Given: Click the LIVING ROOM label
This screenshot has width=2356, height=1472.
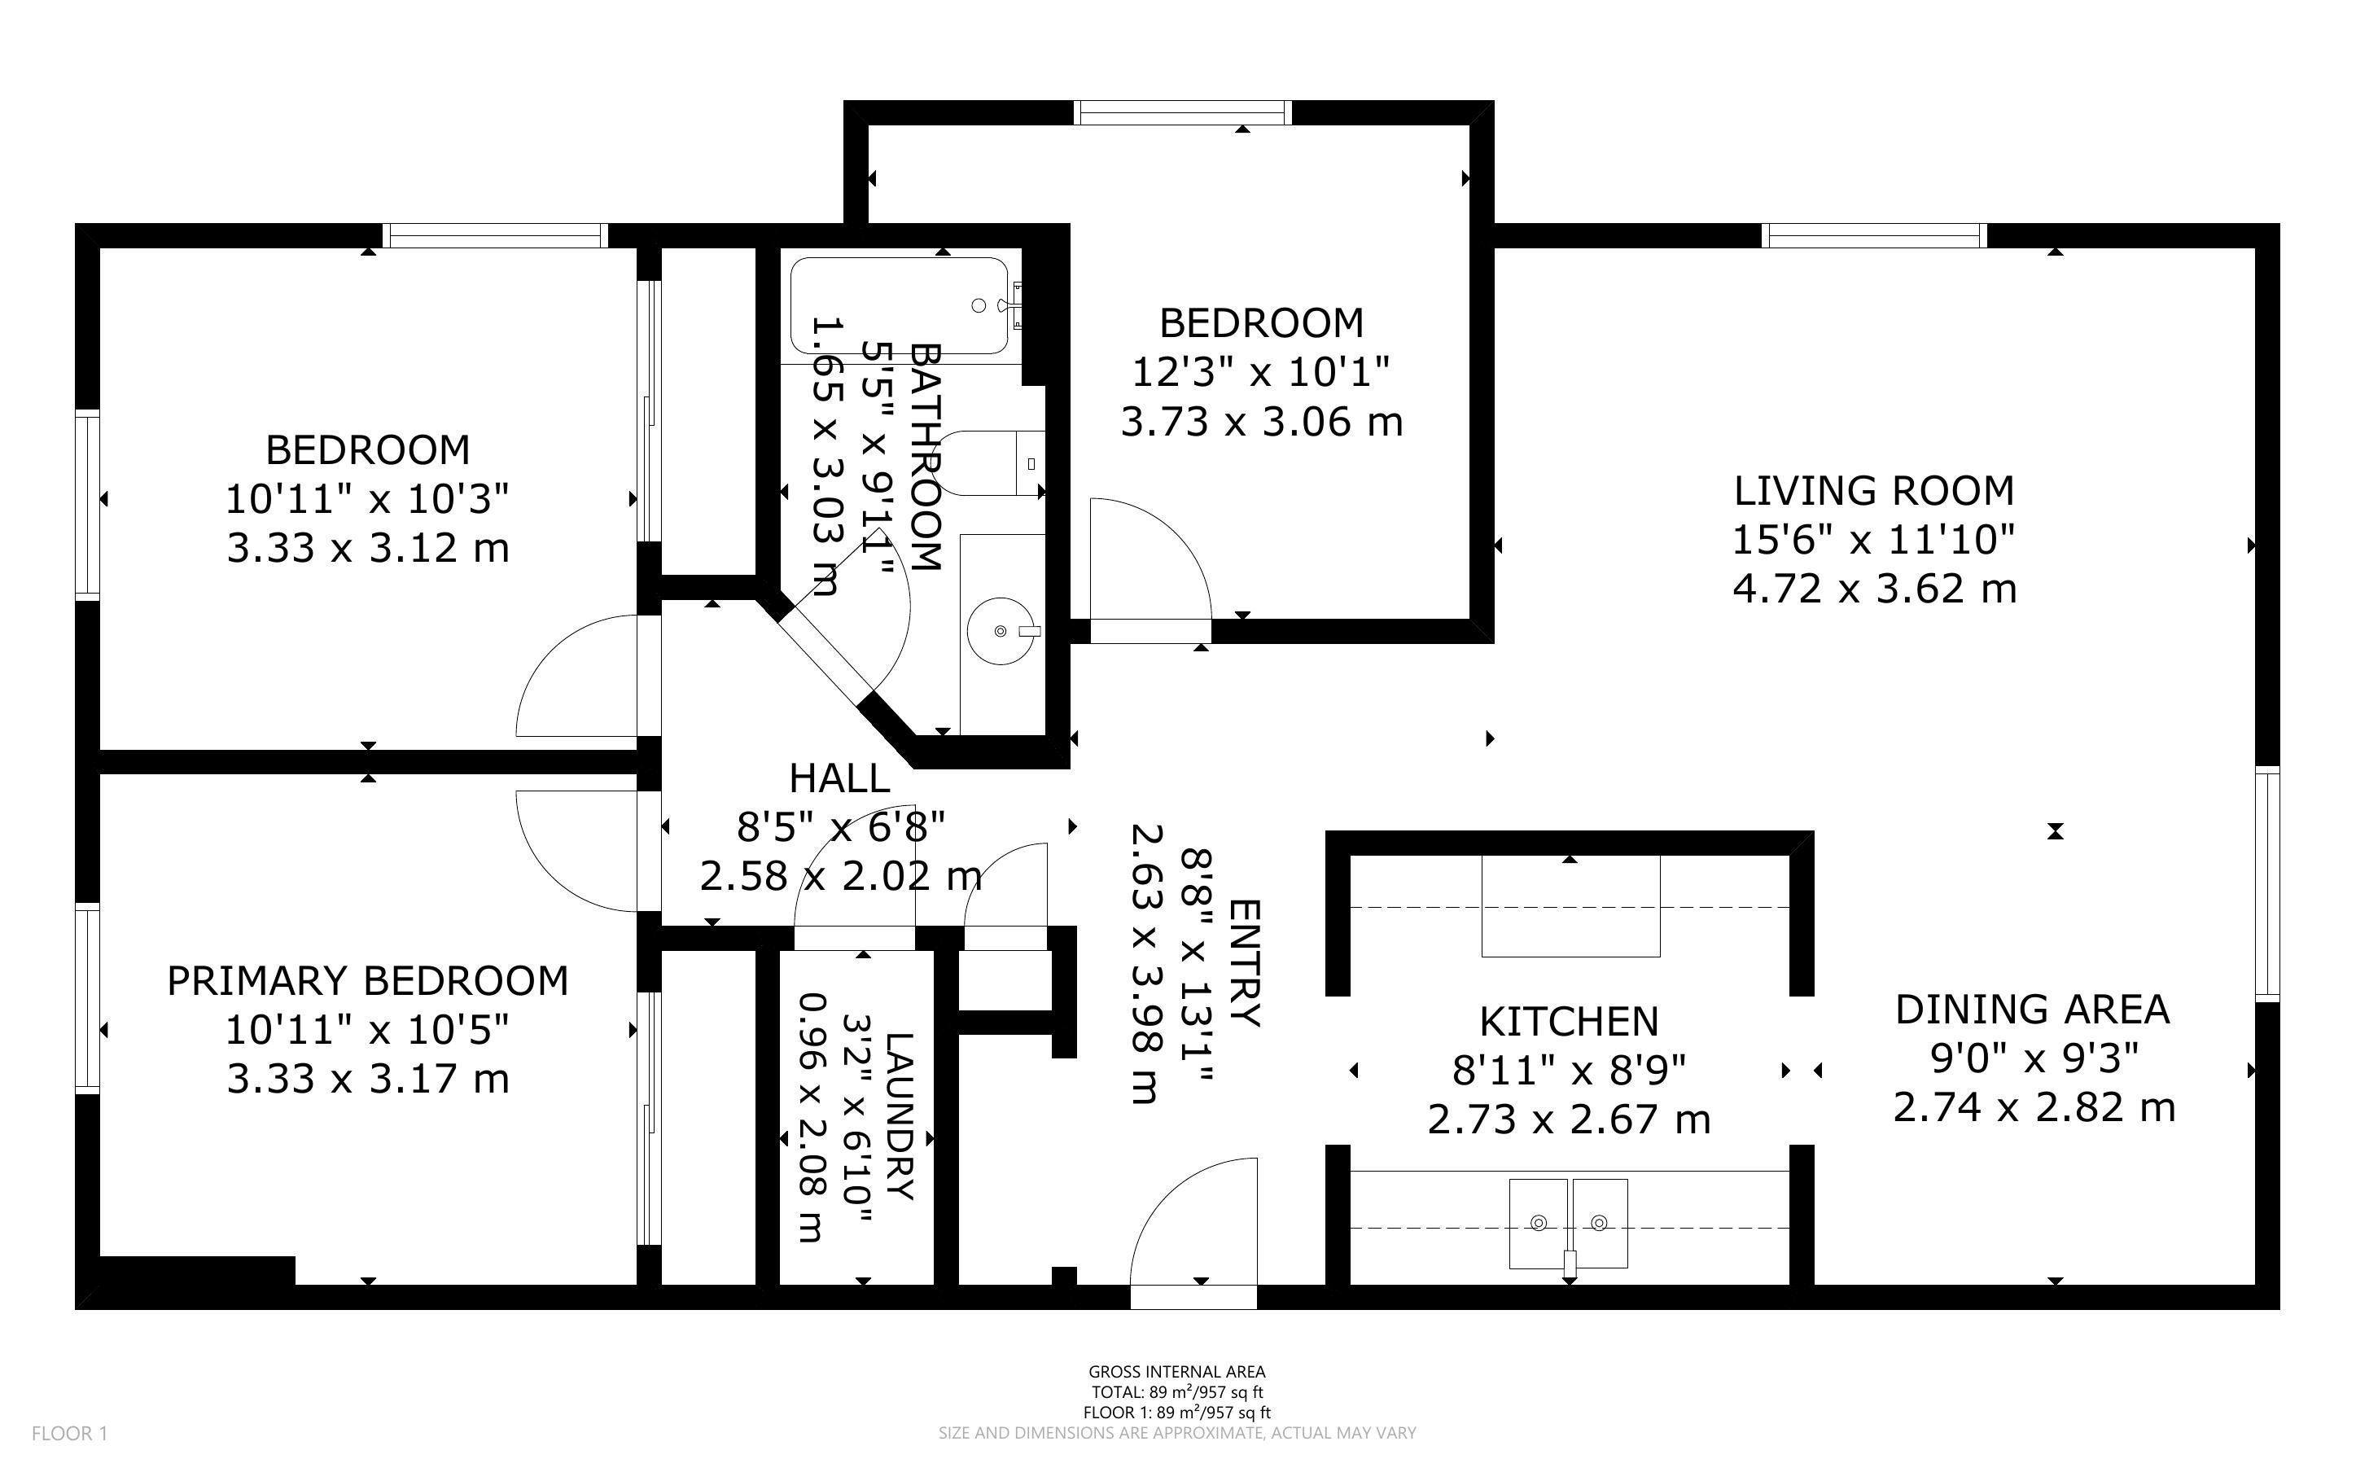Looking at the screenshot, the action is (1873, 491).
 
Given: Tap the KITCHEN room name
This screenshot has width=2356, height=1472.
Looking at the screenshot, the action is (1569, 1021).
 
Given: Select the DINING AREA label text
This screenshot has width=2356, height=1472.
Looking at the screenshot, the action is (2032, 1010).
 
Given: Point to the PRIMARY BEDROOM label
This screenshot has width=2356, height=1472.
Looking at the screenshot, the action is (368, 980).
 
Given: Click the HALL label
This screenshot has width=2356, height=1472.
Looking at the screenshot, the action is (839, 778).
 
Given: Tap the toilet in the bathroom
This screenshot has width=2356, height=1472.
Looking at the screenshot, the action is (992, 463).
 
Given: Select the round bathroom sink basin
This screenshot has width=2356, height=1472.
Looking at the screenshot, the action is (1001, 632).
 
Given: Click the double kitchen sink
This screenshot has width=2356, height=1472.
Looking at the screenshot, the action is (1568, 1224).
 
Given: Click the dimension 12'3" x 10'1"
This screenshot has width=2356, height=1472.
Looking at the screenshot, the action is (1261, 372).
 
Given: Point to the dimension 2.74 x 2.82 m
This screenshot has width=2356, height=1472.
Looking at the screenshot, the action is (2034, 1108).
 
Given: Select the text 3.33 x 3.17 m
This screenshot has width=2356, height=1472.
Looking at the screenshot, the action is (368, 1079).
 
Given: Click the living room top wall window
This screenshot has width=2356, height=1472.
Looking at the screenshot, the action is (1873, 235).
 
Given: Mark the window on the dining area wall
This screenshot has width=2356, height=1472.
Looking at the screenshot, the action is (2267, 884).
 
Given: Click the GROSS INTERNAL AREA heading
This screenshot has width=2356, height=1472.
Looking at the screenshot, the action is (1176, 1372).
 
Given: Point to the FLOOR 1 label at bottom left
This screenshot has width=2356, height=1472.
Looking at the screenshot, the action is (70, 1433).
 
